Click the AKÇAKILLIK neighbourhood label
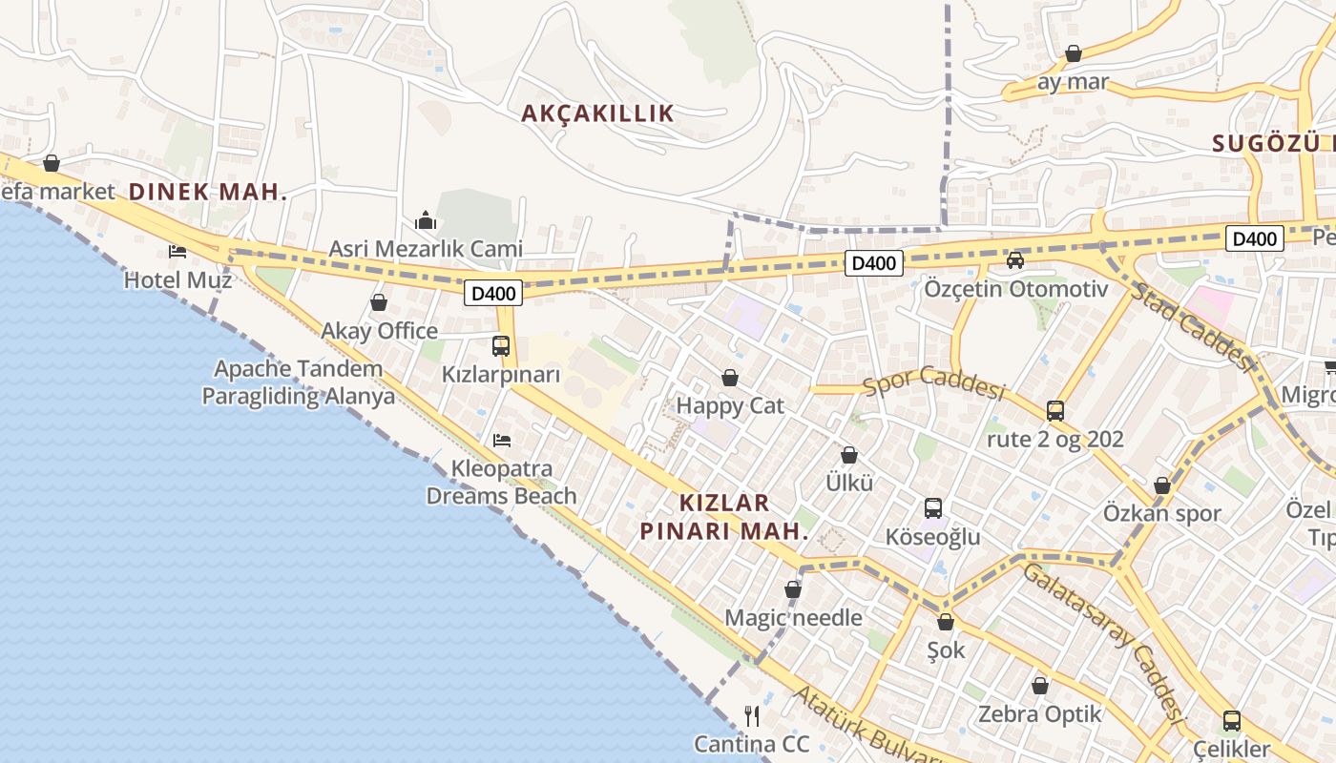597,113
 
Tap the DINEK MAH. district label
208,192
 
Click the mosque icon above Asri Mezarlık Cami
426,221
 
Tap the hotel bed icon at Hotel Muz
177,252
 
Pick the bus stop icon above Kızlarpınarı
501,346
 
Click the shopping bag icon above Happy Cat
730,378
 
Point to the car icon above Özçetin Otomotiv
1015,260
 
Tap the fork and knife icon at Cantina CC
752,715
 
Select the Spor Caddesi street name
935,382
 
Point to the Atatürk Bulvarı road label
868,730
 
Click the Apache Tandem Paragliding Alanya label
298,382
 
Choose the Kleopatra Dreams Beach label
501,483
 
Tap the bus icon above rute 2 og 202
1055,411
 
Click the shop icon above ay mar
1074,53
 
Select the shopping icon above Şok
946,622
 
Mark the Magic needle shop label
793,618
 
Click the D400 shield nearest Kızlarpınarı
494,293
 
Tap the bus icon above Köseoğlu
933,508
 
